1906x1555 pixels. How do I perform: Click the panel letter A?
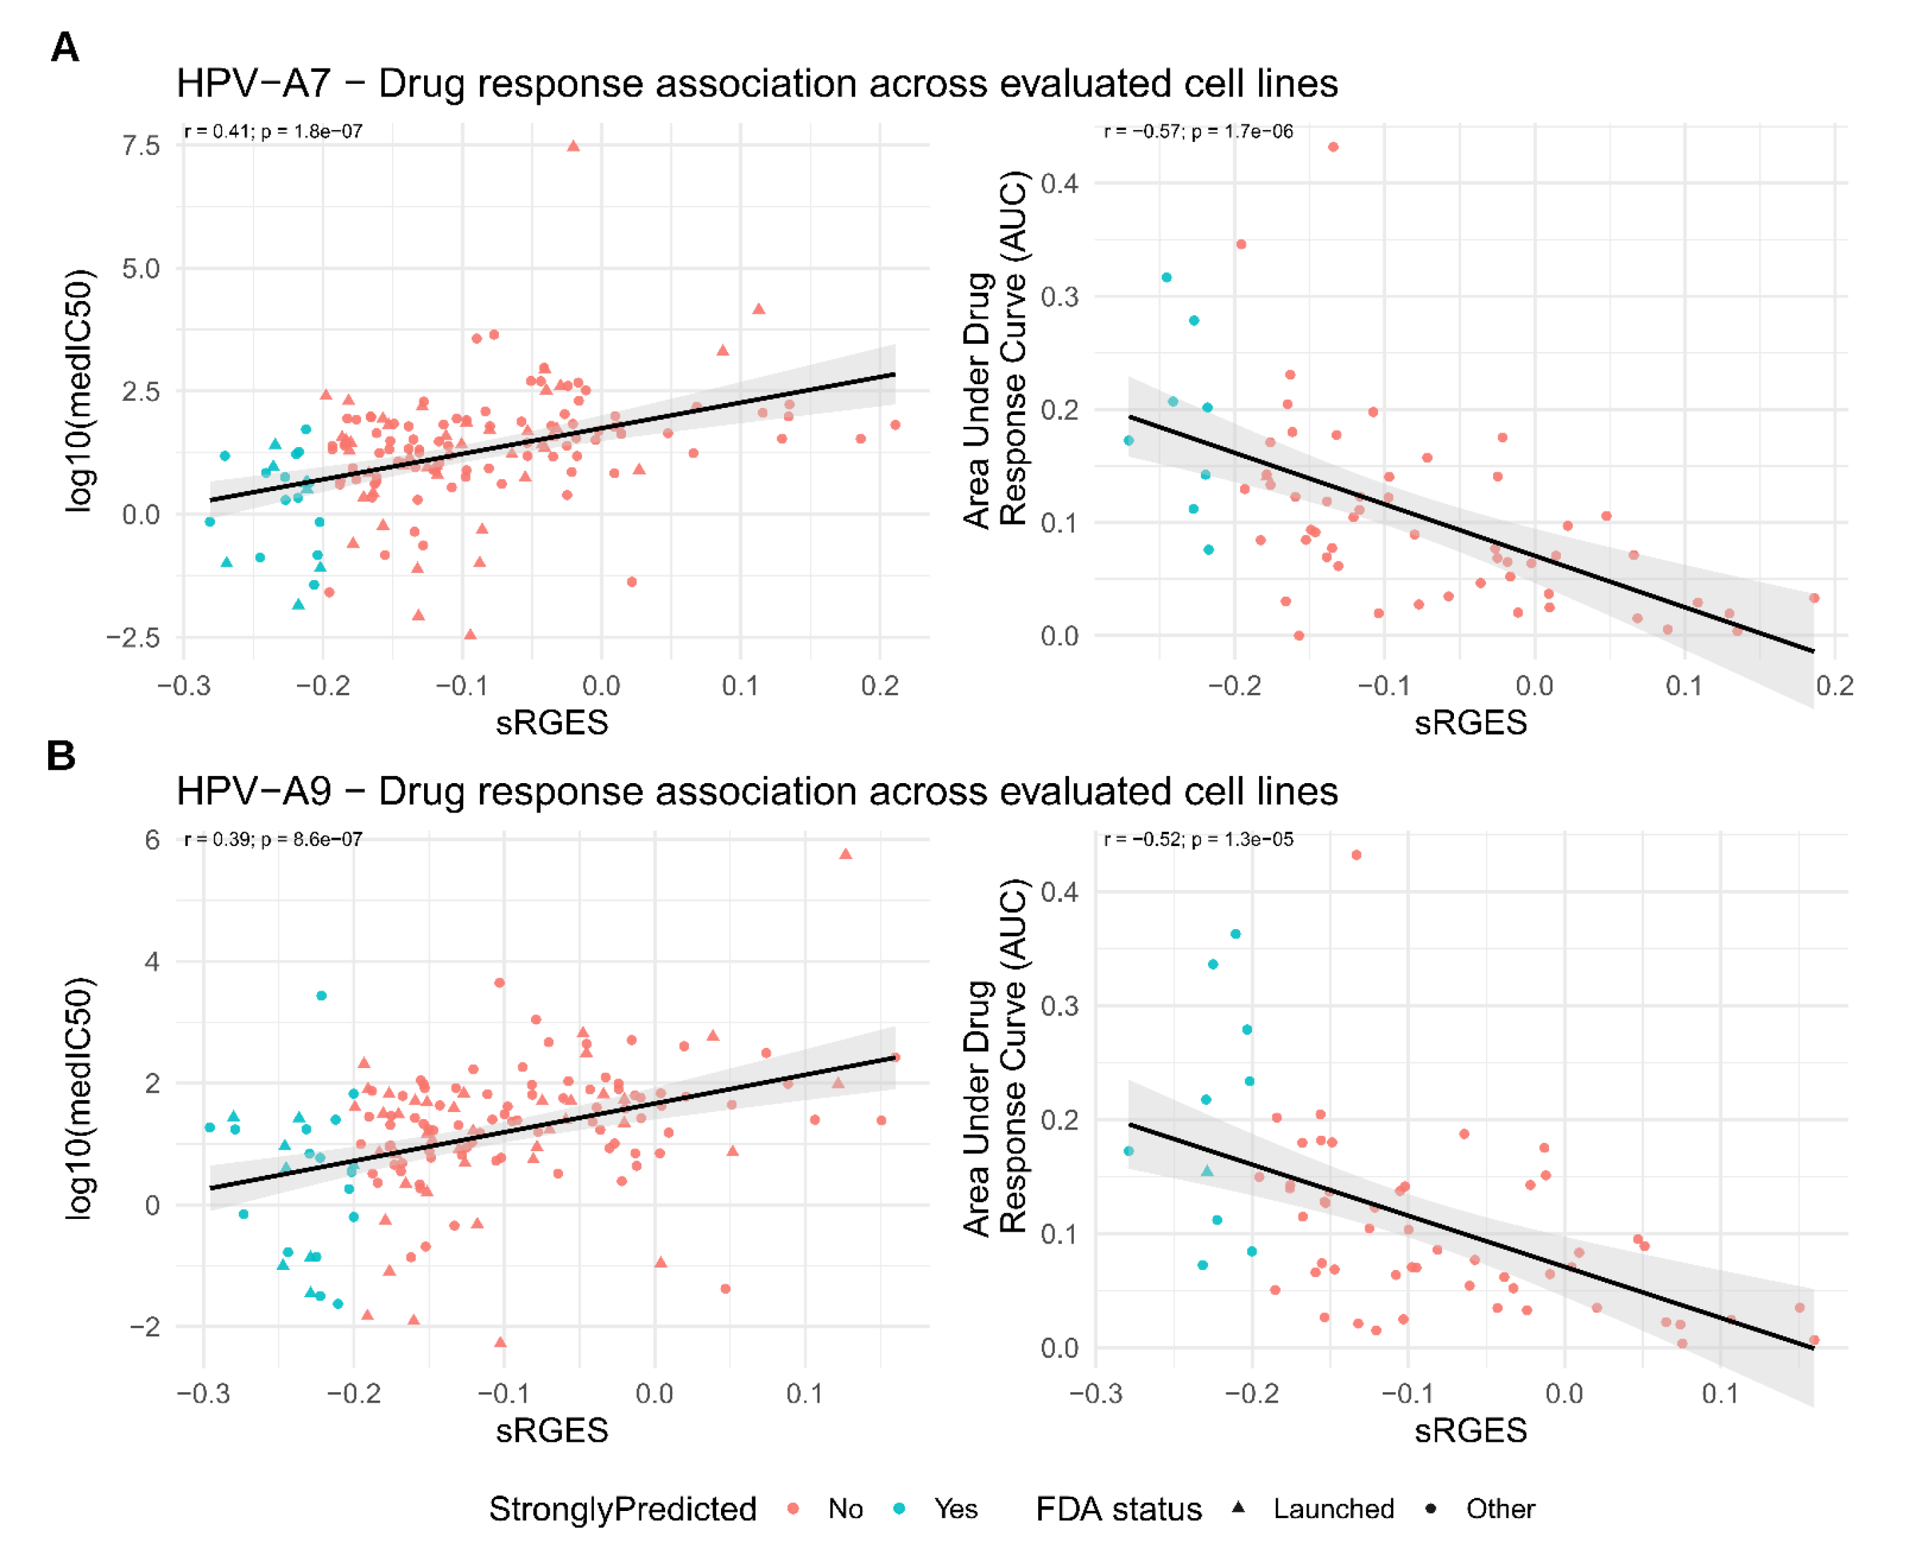[64, 47]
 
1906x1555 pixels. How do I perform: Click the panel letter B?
[61, 755]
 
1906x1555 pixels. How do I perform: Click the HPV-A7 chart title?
[757, 83]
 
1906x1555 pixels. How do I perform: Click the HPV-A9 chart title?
[757, 791]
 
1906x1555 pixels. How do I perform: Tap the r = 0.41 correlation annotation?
[273, 131]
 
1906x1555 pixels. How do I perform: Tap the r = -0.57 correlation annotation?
[1198, 131]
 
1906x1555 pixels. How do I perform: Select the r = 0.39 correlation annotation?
[273, 839]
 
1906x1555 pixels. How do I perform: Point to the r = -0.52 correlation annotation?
[1198, 839]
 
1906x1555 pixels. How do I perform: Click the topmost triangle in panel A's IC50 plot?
[573, 146]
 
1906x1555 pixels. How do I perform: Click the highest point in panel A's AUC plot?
[1333, 147]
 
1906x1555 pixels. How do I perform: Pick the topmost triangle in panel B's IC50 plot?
[845, 854]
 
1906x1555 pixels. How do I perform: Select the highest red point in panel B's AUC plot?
[1356, 856]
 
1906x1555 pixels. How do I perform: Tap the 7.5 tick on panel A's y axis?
[142, 146]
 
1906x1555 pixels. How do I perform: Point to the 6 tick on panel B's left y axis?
[152, 839]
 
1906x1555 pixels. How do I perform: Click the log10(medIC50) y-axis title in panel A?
[80, 390]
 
